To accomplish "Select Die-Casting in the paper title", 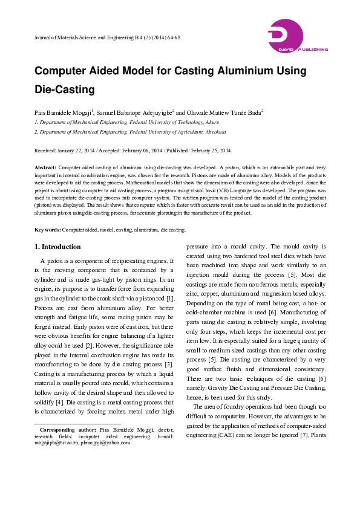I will pos(65,90).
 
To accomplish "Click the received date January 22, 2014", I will pos(76,150).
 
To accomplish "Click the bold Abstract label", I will pos(45,166).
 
